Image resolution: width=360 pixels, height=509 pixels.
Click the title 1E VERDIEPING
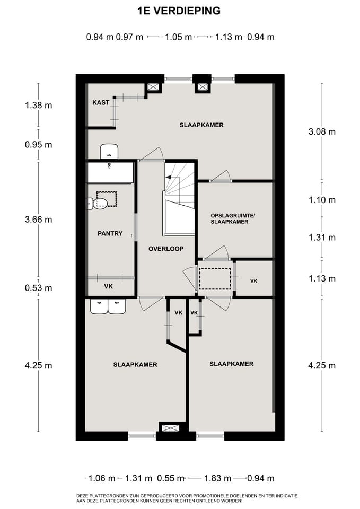pos(179,11)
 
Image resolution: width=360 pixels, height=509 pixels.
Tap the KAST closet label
pos(101,102)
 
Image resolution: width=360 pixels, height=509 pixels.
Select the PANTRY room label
pos(110,233)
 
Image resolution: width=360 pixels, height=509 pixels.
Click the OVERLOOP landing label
pos(166,249)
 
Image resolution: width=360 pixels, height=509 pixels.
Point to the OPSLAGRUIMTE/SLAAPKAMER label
pos(230,219)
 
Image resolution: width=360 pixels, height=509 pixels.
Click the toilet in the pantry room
pos(98,204)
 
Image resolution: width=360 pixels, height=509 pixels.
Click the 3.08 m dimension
pos(322,132)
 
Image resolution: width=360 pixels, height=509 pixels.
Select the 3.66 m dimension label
pos(38,220)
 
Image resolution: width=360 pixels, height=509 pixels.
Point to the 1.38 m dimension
pos(38,105)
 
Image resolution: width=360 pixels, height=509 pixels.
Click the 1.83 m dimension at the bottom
pos(217,478)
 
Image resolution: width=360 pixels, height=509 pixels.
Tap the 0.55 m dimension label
pos(171,478)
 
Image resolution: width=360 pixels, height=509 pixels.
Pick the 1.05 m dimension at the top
pos(178,37)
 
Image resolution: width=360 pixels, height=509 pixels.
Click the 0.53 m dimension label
pos(38,288)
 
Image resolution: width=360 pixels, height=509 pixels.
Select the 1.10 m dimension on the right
pos(322,200)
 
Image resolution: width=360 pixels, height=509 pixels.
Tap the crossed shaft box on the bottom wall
pos(170,428)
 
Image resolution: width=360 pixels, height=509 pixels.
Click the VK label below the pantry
pos(108,286)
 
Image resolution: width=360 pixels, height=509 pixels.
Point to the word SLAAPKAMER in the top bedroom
pos(201,125)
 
